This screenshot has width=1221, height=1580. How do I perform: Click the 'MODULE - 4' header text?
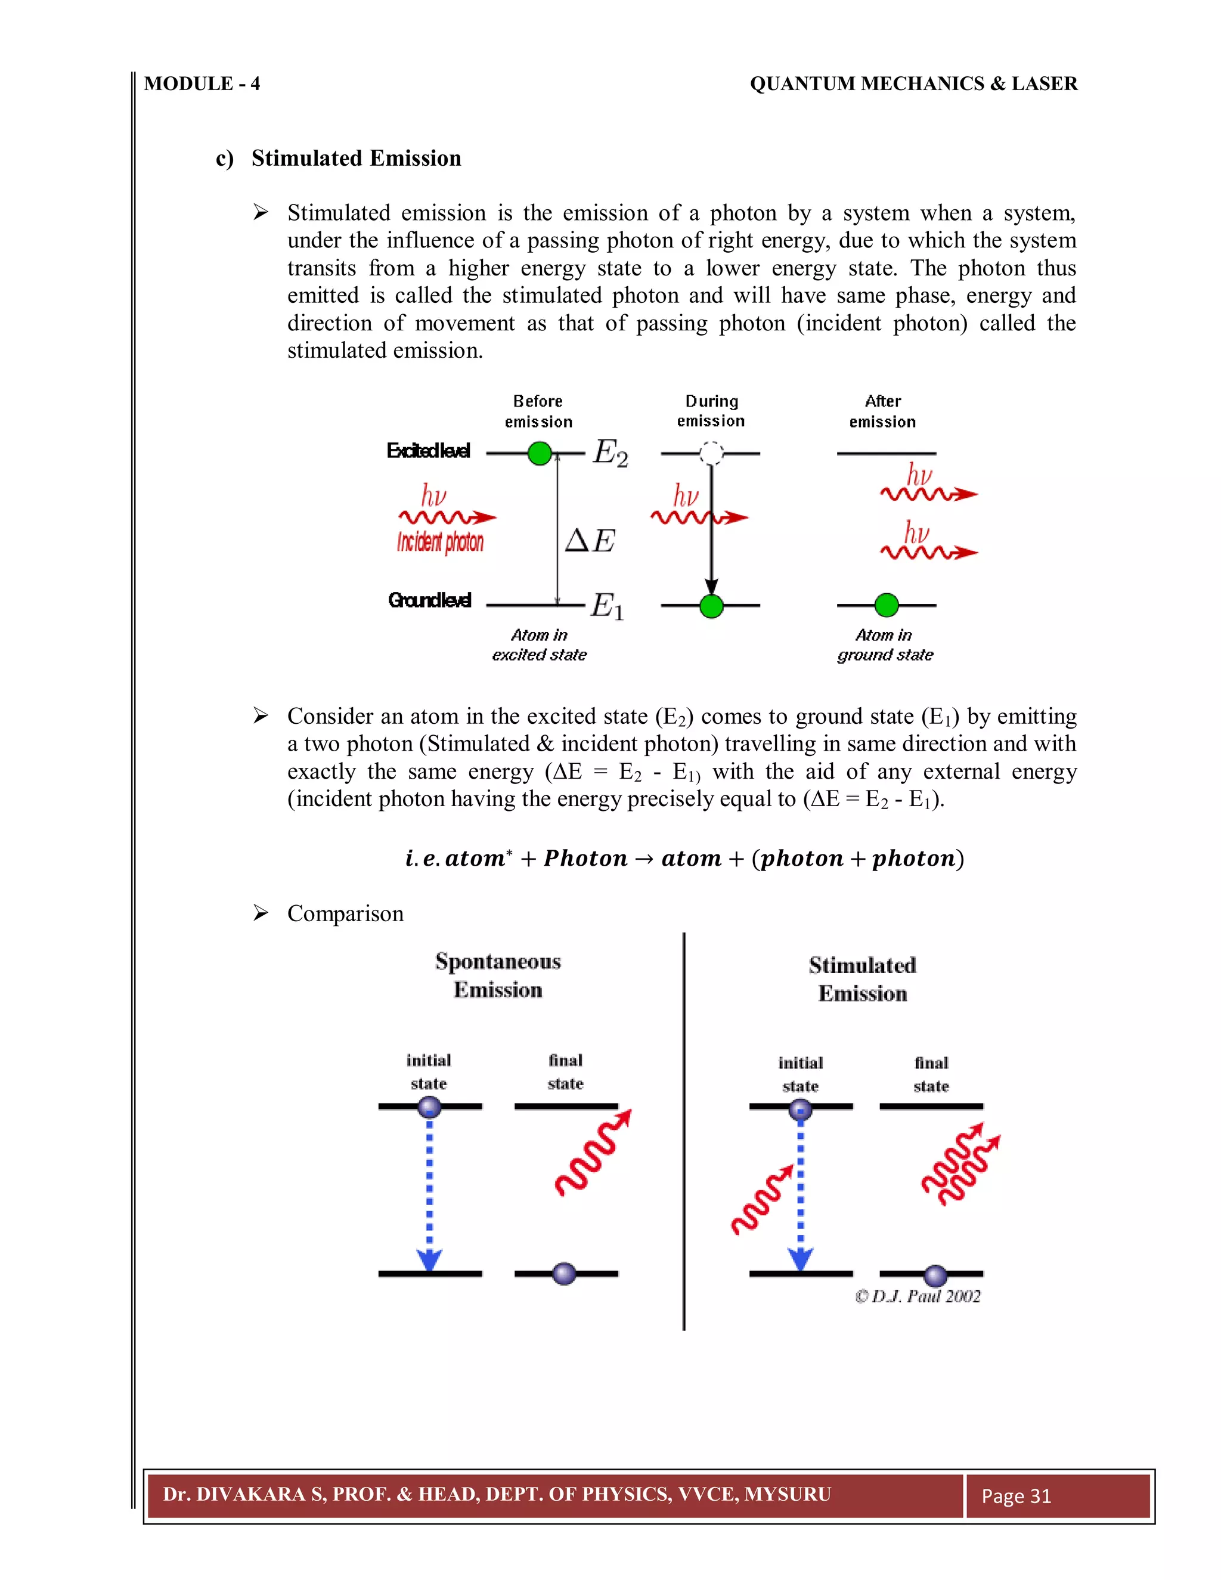pyautogui.click(x=202, y=84)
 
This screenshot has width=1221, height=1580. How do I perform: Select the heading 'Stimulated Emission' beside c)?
pyautogui.click(x=356, y=159)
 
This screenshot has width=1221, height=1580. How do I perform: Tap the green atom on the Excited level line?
pyautogui.click(x=540, y=454)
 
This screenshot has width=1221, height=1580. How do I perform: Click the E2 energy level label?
pyautogui.click(x=610, y=454)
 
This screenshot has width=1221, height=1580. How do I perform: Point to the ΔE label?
pyautogui.click(x=590, y=540)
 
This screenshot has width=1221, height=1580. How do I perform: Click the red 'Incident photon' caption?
pyautogui.click(x=440, y=542)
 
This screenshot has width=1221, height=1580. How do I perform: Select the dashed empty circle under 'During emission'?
pyautogui.click(x=711, y=454)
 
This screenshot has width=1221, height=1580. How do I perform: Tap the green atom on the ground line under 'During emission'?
pyautogui.click(x=712, y=606)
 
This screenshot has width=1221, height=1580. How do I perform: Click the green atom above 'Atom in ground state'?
pyautogui.click(x=886, y=605)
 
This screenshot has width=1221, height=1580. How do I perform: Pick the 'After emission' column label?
pyautogui.click(x=882, y=411)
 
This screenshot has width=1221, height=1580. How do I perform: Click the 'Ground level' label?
pyautogui.click(x=430, y=600)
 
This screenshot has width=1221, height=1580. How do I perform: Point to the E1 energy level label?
pyautogui.click(x=607, y=606)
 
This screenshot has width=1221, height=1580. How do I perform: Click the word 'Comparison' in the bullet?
pyautogui.click(x=345, y=913)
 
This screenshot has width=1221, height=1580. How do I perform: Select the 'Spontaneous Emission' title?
pyautogui.click(x=498, y=975)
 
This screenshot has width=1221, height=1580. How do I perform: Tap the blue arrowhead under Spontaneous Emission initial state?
pyautogui.click(x=430, y=1259)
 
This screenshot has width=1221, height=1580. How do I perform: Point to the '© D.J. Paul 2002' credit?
pyautogui.click(x=917, y=1296)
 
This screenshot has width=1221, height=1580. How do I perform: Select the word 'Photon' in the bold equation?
pyautogui.click(x=585, y=859)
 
